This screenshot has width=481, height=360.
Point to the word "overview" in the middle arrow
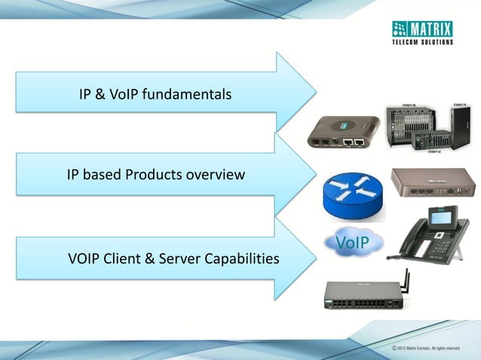click(x=220, y=175)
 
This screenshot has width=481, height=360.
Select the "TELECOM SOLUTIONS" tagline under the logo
click(x=422, y=42)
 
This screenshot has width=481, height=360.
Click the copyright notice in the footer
click(x=425, y=348)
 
